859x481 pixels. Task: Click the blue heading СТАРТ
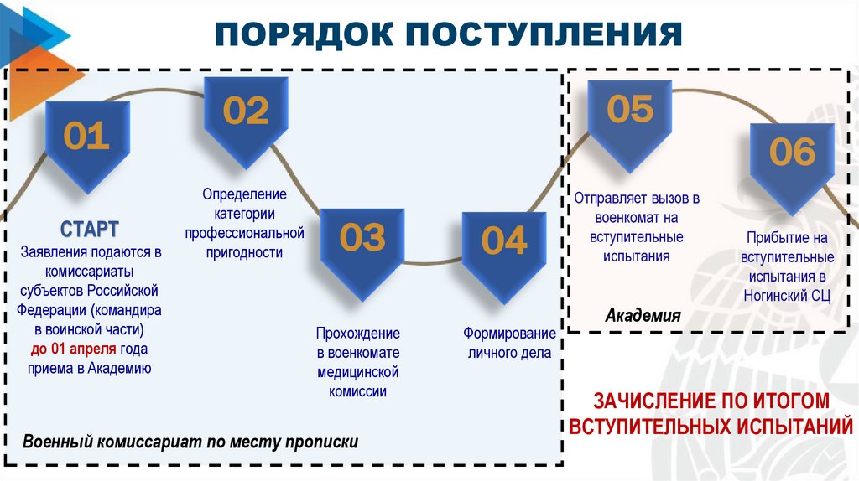[x=89, y=229]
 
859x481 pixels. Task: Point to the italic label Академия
[x=643, y=316]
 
